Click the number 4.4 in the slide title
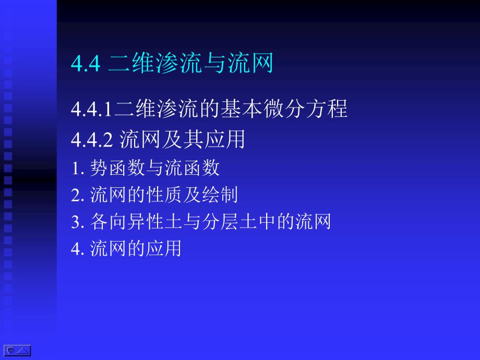tap(86, 63)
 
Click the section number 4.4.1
tap(91, 109)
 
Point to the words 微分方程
tap(306, 109)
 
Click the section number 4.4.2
tap(92, 140)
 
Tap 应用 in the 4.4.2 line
tap(225, 139)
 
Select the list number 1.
tap(77, 169)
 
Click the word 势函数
tap(117, 168)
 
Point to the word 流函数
tap(192, 168)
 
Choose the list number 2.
tap(77, 195)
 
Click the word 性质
tap(164, 195)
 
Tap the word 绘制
tap(220, 195)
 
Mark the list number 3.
tap(77, 222)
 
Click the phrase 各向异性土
tap(136, 221)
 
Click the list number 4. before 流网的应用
tap(77, 248)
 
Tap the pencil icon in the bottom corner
tap(10, 350)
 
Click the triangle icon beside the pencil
tap(23, 351)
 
